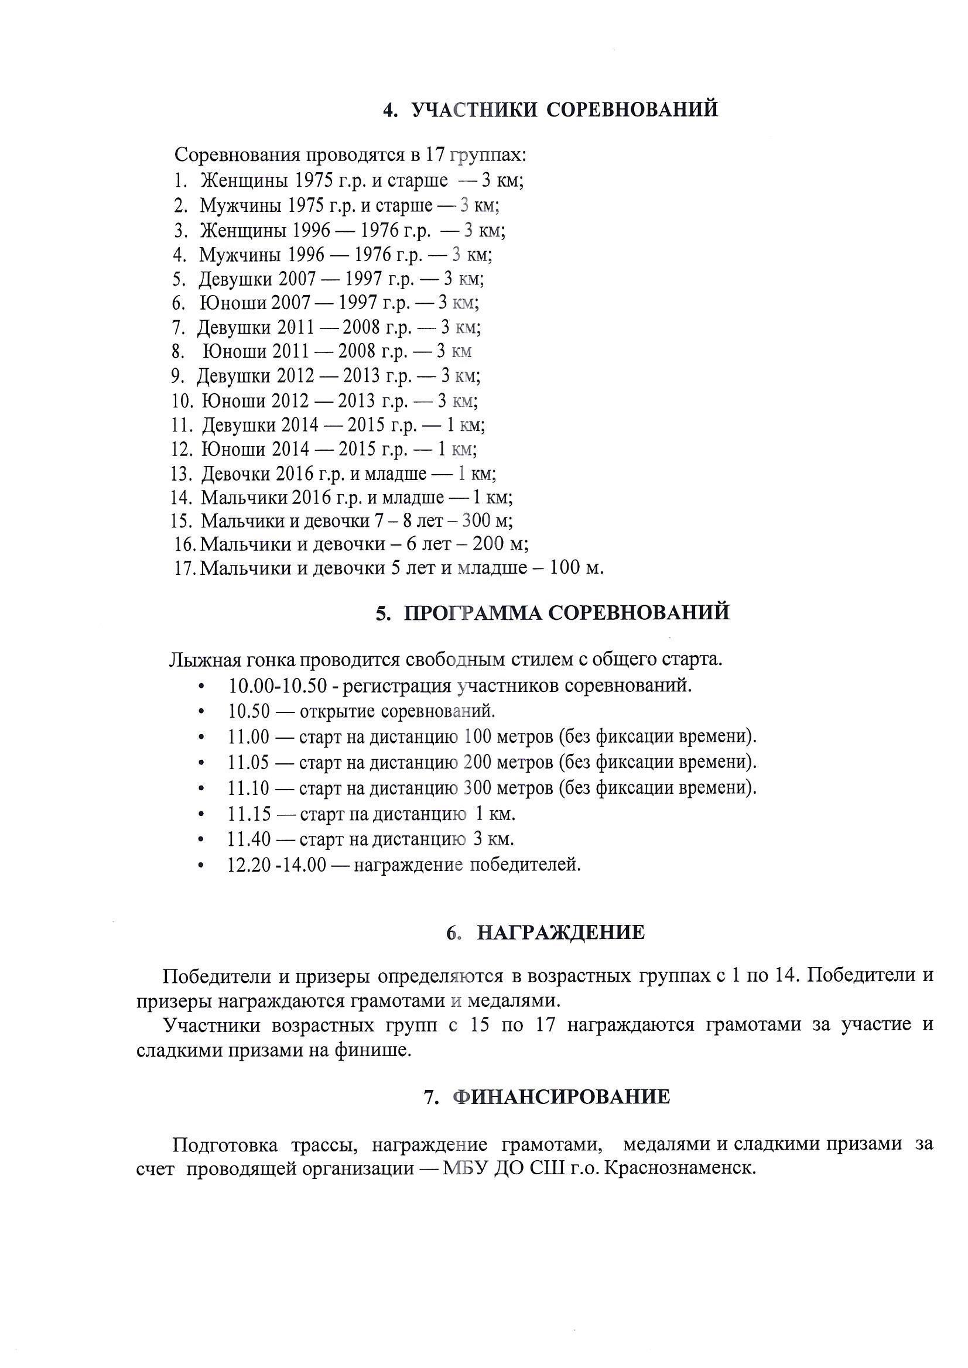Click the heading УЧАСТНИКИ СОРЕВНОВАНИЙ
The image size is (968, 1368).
point(565,110)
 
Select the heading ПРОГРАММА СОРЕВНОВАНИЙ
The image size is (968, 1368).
point(566,613)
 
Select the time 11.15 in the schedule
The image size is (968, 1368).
point(249,814)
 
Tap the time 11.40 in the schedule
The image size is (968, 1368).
point(249,839)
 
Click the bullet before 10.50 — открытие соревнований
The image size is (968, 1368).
point(202,712)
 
